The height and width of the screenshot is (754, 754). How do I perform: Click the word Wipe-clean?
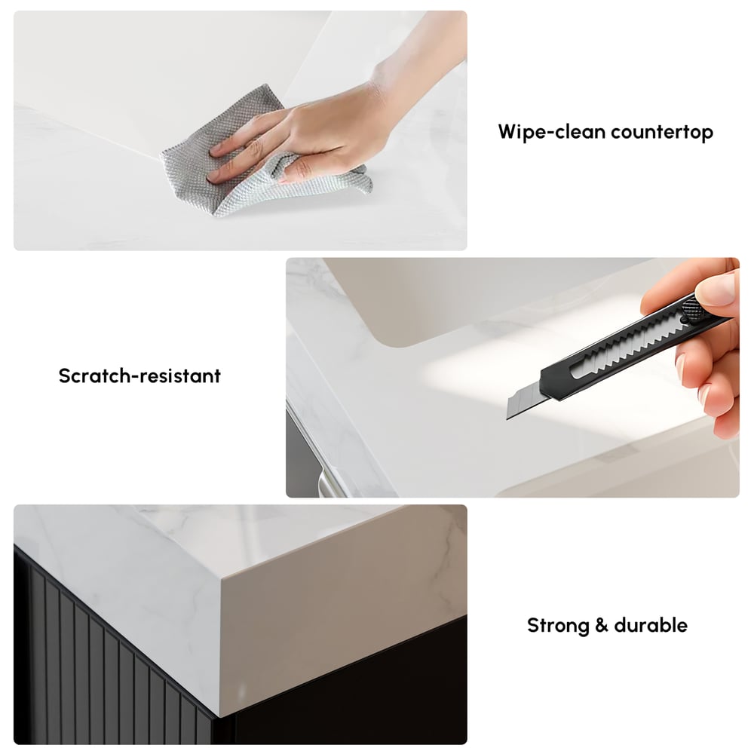coord(551,132)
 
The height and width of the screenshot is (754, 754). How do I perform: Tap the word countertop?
coord(662,132)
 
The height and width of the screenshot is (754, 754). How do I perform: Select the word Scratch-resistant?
coord(139,375)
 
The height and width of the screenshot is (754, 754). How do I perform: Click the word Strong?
coord(558,625)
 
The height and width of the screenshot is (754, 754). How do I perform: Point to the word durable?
coord(651,625)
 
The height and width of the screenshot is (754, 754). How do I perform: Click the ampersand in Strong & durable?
coord(602,626)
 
